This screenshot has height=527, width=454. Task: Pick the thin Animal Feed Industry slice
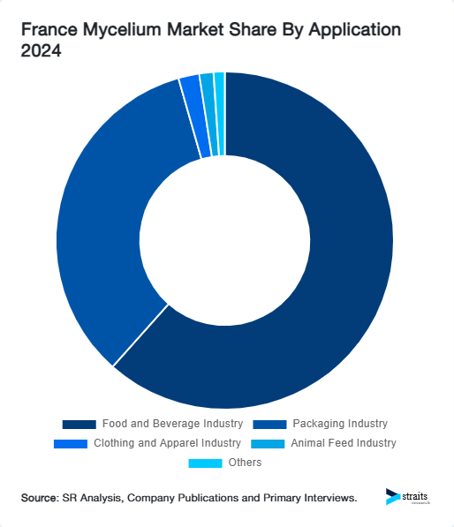pyautogui.click(x=208, y=115)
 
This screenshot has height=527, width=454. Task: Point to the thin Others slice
pyautogui.click(x=220, y=114)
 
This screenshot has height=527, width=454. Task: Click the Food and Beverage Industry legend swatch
pyautogui.click(x=79, y=424)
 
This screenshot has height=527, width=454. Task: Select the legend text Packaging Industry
pyautogui.click(x=340, y=424)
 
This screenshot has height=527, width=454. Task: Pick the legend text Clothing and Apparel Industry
pyautogui.click(x=167, y=443)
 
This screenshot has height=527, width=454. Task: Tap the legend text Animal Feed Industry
pyautogui.click(x=344, y=443)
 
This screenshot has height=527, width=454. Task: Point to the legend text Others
pyautogui.click(x=245, y=463)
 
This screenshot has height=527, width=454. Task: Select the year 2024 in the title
pyautogui.click(x=42, y=50)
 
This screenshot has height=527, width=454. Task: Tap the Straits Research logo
pyautogui.click(x=408, y=497)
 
